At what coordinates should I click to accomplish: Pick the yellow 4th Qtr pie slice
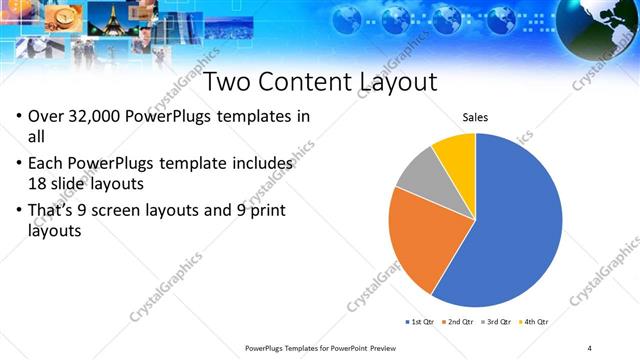click(457, 155)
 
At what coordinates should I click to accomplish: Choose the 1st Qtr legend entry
click(419, 322)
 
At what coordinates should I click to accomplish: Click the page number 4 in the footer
click(590, 347)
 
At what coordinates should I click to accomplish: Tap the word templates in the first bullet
click(249, 116)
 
